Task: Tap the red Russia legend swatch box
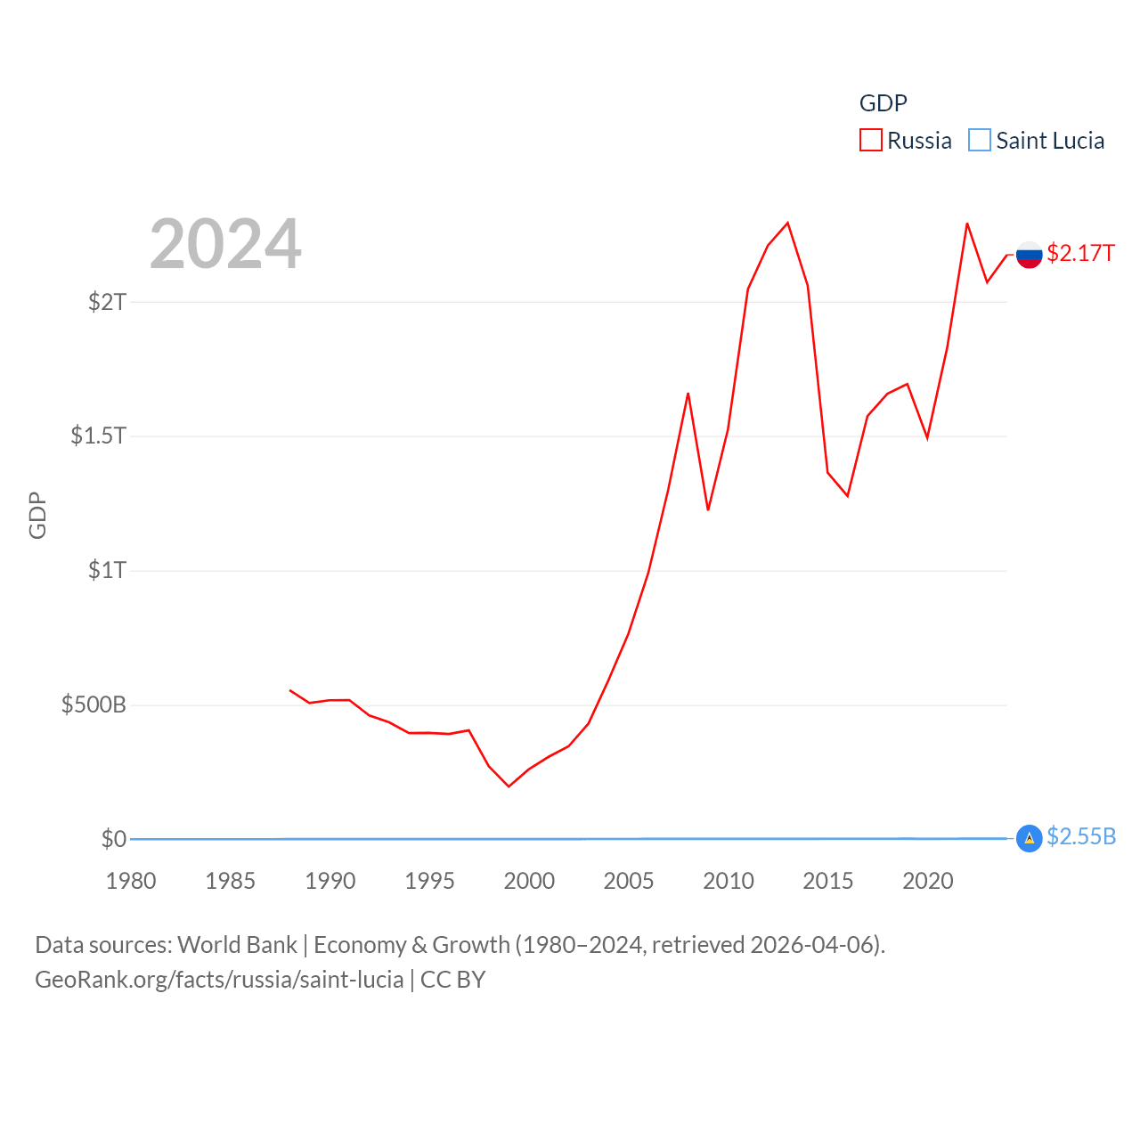[870, 141]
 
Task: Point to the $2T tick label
[107, 302]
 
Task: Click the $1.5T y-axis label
[98, 436]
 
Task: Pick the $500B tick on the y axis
[94, 704]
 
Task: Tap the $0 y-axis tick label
[113, 839]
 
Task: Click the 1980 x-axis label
[131, 881]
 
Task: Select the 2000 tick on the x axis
[529, 881]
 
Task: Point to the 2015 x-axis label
[827, 881]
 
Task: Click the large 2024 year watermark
[225, 244]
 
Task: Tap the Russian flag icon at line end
[1029, 255]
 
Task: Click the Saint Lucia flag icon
[1029, 838]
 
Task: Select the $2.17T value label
[1080, 253]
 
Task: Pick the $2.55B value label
[1081, 836]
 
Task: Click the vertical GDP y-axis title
[37, 515]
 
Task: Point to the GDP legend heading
[883, 103]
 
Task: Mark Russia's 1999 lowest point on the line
[509, 786]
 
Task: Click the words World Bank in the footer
[237, 944]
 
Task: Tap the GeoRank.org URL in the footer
[219, 980]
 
